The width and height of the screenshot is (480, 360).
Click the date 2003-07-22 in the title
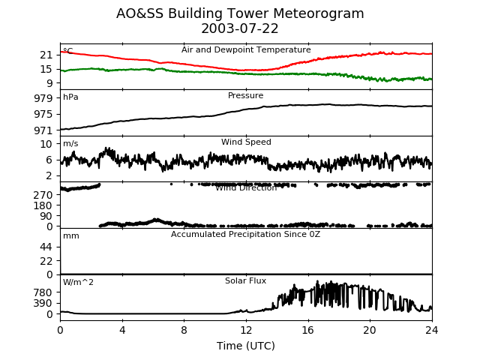(x=240, y=29)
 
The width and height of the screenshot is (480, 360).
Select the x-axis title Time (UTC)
(x=246, y=346)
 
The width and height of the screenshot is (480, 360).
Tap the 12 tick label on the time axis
(x=246, y=328)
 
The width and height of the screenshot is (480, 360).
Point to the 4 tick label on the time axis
(x=122, y=328)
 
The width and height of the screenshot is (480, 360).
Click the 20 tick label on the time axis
(x=370, y=328)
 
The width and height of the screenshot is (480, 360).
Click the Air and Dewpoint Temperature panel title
(x=246, y=50)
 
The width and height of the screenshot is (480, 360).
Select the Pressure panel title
(x=246, y=96)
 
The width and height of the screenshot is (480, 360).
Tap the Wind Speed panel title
(x=246, y=142)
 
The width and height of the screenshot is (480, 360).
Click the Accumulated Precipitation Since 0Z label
(x=246, y=235)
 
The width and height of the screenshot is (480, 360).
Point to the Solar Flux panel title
(x=246, y=281)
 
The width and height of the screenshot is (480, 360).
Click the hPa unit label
(x=70, y=97)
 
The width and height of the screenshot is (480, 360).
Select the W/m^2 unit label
(x=79, y=283)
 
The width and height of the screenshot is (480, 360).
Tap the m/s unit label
(x=70, y=144)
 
